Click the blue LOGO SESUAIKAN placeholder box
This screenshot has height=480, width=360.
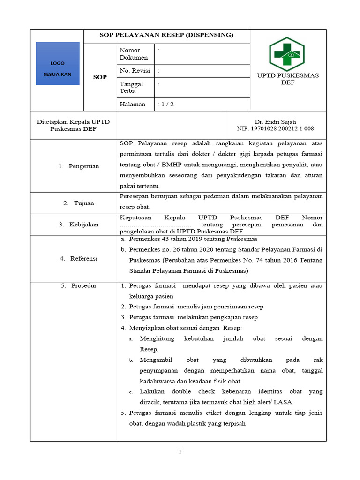pyautogui.click(x=57, y=64)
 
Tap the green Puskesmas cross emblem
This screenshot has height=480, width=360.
pyautogui.click(x=286, y=54)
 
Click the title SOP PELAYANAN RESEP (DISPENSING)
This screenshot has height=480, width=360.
pyautogui.click(x=167, y=36)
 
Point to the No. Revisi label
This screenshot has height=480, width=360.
pyautogui.click(x=135, y=71)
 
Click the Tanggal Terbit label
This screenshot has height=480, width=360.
pyautogui.click(x=131, y=87)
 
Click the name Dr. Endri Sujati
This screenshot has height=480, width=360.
pyautogui.click(x=275, y=121)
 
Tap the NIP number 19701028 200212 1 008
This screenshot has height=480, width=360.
pyautogui.click(x=275, y=128)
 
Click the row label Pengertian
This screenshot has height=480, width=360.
pyautogui.click(x=83, y=166)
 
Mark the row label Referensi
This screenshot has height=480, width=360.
pyautogui.click(x=83, y=258)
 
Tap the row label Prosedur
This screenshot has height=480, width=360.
pyautogui.click(x=83, y=286)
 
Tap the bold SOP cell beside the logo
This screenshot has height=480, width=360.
pyautogui.click(x=99, y=77)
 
